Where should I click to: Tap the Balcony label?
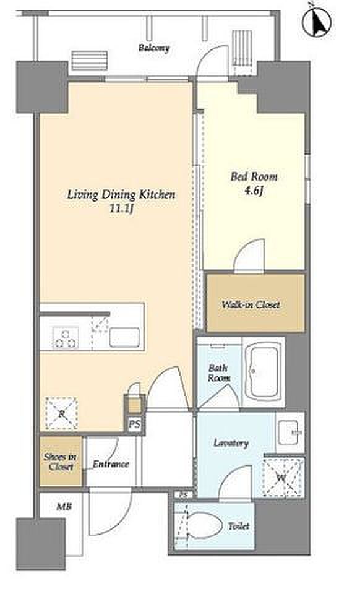click(153, 48)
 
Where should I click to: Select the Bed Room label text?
click(254, 176)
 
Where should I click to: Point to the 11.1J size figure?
click(121, 209)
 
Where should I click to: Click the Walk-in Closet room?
click(255, 303)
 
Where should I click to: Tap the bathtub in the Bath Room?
click(263, 372)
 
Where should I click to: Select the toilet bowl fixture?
click(204, 526)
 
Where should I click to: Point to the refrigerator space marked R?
click(61, 413)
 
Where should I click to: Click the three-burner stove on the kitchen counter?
click(66, 337)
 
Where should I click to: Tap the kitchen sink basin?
click(124, 337)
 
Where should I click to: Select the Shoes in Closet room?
click(61, 462)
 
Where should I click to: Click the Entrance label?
click(111, 463)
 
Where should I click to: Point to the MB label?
click(64, 506)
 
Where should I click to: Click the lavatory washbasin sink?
click(290, 433)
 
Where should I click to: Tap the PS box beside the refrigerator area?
click(134, 424)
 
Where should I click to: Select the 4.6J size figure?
click(254, 191)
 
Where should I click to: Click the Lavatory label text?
click(231, 443)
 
